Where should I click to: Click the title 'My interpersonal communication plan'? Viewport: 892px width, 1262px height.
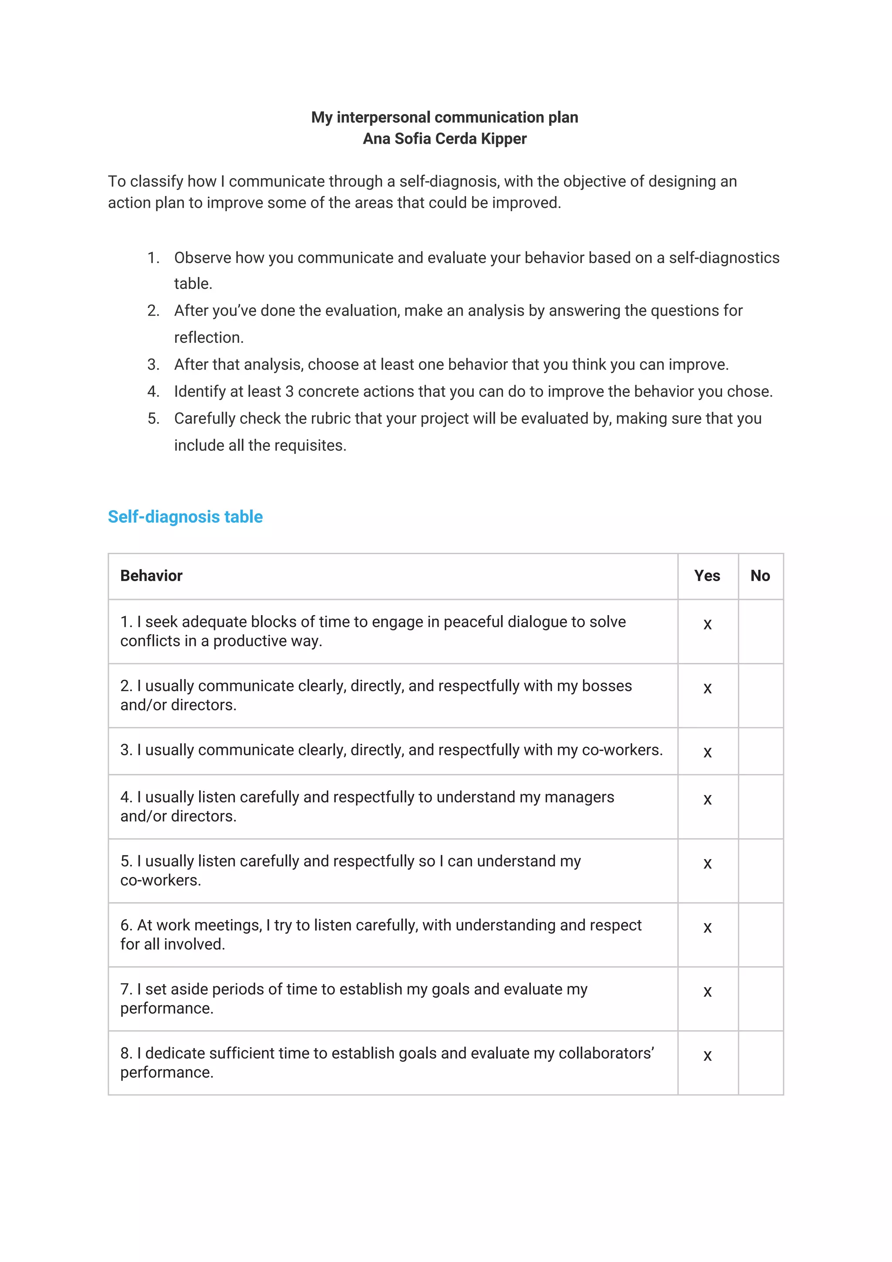pyautogui.click(x=444, y=117)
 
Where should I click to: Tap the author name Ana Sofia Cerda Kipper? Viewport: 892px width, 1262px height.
pyautogui.click(x=444, y=139)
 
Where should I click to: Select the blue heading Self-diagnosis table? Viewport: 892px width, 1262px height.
pyautogui.click(x=185, y=517)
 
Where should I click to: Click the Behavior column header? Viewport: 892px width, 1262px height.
pyautogui.click(x=151, y=575)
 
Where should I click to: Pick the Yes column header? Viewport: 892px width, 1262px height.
pyautogui.click(x=707, y=575)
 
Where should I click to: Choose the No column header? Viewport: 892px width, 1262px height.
pyautogui.click(x=760, y=575)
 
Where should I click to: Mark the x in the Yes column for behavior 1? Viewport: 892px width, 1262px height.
pyautogui.click(x=707, y=624)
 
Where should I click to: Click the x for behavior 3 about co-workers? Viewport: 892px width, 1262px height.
pyautogui.click(x=707, y=752)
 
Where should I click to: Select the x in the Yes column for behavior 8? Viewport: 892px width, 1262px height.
pyautogui.click(x=707, y=1056)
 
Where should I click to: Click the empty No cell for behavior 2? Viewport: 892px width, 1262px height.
pyautogui.click(x=760, y=695)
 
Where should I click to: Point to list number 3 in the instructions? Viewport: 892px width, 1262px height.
pyautogui.click(x=153, y=365)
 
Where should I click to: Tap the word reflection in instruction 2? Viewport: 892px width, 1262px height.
pyautogui.click(x=208, y=338)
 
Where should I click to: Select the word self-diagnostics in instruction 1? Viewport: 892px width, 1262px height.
pyautogui.click(x=724, y=258)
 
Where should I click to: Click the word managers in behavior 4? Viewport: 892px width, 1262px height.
pyautogui.click(x=579, y=797)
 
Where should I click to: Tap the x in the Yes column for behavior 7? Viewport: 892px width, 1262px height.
pyautogui.click(x=707, y=992)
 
